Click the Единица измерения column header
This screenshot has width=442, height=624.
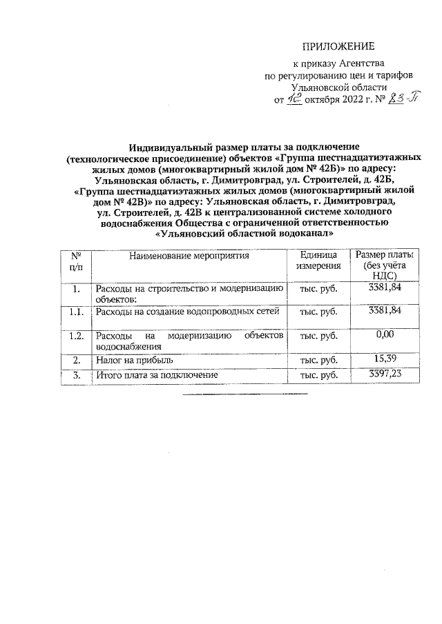pos(318,260)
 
